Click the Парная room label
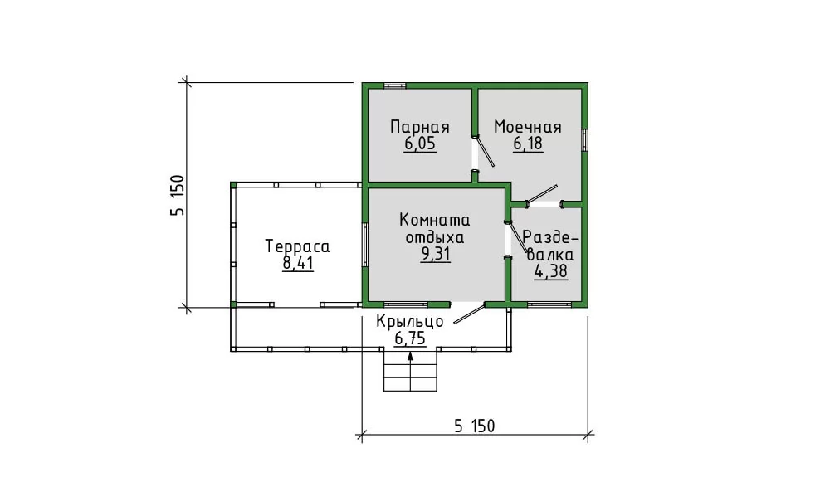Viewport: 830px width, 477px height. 420,127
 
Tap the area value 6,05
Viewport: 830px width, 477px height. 420,144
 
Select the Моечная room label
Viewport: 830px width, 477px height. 528,127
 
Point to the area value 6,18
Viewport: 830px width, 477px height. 528,144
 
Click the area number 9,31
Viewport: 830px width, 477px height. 435,255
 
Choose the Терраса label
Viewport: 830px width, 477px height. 297,246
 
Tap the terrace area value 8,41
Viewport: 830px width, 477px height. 298,263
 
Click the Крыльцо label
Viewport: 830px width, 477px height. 410,322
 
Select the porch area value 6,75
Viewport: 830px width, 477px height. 410,338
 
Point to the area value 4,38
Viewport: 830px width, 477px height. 551,272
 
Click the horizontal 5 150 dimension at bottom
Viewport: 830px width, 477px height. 474,426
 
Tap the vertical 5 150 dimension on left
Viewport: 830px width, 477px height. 178,195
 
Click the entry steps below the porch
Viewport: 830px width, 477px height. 410,371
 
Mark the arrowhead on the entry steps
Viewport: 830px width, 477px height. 410,356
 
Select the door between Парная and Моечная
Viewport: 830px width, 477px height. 483,151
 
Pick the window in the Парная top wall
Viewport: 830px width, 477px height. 395,85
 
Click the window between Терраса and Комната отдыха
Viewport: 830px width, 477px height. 365,245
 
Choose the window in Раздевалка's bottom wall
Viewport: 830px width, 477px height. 549,304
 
